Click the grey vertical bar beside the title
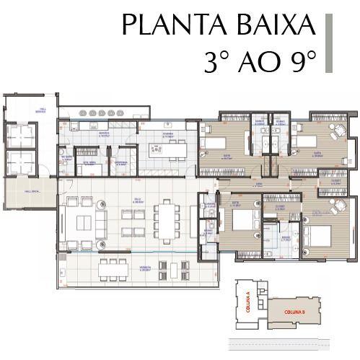click(328, 43)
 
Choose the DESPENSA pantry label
click(120, 164)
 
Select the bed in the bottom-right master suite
click(318, 235)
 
